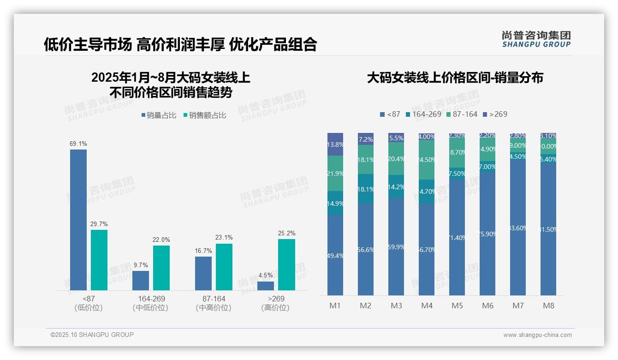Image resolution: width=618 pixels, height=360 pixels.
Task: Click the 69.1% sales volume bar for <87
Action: click(78, 220)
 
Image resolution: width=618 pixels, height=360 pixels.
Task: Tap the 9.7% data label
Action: click(141, 265)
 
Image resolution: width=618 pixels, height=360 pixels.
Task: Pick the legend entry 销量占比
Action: click(159, 115)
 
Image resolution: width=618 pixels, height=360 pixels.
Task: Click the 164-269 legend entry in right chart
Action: click(423, 114)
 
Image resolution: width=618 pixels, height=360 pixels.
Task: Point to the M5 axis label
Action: click(457, 306)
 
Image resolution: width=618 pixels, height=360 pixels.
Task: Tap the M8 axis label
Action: click(548, 306)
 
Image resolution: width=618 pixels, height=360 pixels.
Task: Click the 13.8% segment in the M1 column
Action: click(335, 144)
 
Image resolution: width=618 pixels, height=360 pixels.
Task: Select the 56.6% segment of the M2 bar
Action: click(366, 250)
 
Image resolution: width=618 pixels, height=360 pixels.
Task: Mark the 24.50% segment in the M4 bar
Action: click(427, 160)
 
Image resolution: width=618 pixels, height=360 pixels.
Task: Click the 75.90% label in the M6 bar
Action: click(487, 234)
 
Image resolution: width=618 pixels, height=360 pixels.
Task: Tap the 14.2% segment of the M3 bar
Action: click(396, 187)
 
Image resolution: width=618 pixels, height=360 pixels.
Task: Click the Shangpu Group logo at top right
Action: click(536, 39)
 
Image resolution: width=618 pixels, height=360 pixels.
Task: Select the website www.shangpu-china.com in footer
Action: click(537, 335)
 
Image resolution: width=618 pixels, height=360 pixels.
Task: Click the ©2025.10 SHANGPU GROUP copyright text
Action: click(92, 335)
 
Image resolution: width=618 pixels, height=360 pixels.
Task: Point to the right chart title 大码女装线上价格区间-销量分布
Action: click(455, 78)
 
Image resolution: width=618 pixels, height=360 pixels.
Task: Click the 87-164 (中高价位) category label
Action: click(214, 303)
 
